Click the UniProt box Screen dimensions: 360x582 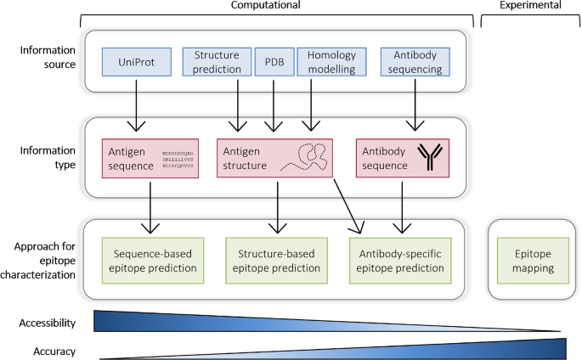click(137, 61)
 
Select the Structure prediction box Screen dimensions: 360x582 click(216, 61)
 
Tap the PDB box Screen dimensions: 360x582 click(274, 61)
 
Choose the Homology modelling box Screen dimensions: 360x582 click(332, 61)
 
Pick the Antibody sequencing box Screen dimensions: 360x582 click(413, 61)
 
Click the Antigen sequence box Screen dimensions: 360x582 click(150, 159)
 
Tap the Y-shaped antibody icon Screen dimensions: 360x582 click(431, 159)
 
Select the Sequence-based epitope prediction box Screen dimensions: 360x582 click(150, 260)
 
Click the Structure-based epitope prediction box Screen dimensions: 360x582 click(274, 260)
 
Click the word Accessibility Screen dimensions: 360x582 click(47, 323)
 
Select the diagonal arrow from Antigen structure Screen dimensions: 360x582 click(348, 204)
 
